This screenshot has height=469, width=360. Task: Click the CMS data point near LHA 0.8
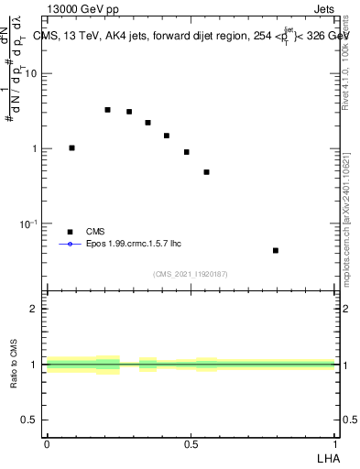[x=276, y=250]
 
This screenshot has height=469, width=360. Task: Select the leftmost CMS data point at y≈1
[x=72, y=147]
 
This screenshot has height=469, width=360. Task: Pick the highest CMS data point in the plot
[x=107, y=110]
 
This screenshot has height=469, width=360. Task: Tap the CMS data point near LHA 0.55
[x=207, y=172]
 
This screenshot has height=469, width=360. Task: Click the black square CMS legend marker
[x=70, y=232]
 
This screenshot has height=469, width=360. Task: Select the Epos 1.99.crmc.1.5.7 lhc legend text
[x=129, y=245]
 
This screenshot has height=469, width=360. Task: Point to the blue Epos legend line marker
[x=70, y=245]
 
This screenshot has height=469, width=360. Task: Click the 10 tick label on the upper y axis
[x=32, y=74]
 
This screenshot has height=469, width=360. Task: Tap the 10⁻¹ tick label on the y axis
[x=29, y=224]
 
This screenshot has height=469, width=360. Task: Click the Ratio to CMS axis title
[x=15, y=365]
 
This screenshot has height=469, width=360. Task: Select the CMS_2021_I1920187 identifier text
[x=191, y=274]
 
